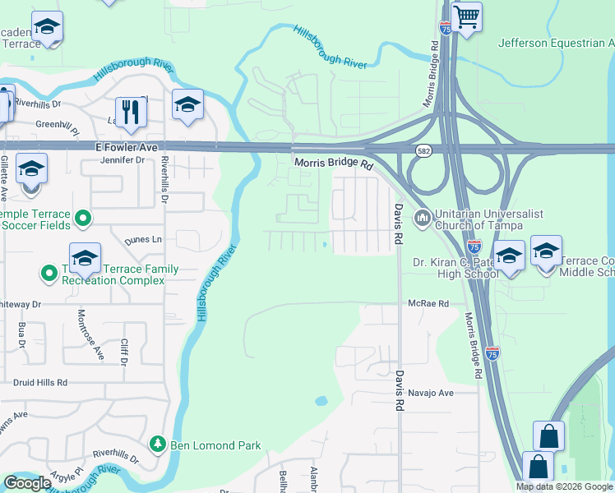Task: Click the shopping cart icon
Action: point(466,16)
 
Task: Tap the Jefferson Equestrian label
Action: point(556,43)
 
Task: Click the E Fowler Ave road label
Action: point(119,147)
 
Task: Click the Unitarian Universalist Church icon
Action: point(423,219)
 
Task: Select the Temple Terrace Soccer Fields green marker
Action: point(82,219)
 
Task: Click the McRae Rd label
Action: point(430,303)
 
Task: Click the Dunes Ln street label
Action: point(144,240)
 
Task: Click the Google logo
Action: point(27,483)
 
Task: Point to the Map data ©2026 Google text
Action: point(564,486)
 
